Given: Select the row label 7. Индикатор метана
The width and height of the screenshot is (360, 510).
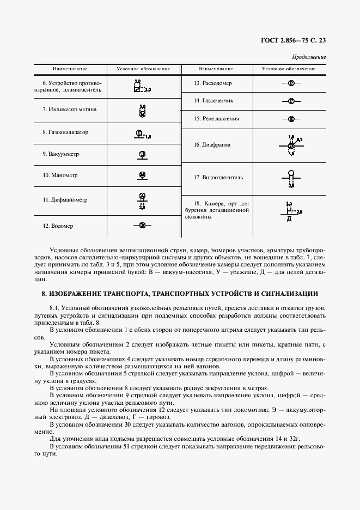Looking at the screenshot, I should click(x=69, y=110).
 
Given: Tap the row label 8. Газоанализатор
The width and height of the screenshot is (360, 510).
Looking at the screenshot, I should click(x=65, y=132).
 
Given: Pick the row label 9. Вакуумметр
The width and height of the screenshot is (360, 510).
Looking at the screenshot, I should click(x=61, y=154).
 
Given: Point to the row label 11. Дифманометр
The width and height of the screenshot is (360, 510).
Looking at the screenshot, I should click(x=65, y=200).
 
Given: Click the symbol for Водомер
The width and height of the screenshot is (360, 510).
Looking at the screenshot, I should click(x=142, y=224).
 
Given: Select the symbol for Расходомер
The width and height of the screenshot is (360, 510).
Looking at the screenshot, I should click(x=291, y=83).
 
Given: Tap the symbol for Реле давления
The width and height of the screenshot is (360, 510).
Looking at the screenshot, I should click(x=291, y=118).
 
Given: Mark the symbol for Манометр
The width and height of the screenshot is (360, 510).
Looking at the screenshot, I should click(x=142, y=175).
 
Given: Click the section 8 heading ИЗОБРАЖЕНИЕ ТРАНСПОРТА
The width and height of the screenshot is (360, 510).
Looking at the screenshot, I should click(x=180, y=294).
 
